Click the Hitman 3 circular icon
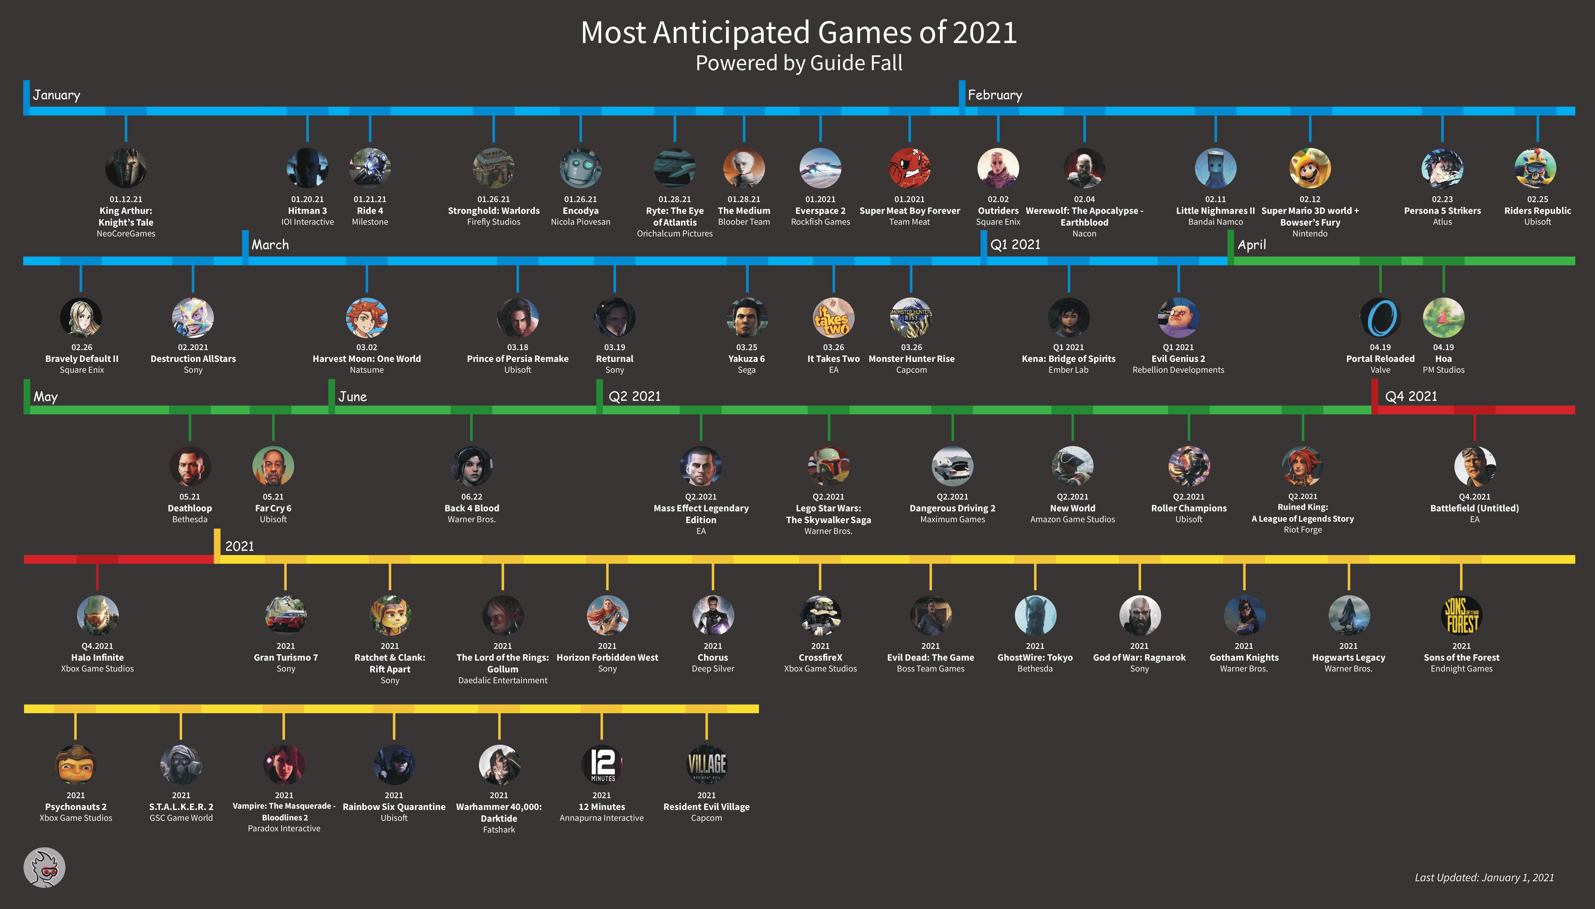307,168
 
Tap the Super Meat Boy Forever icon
910,168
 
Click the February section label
995,95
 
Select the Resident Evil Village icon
707,765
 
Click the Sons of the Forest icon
1461,616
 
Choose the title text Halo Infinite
98,657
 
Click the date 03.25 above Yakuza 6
747,347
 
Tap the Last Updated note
1484,877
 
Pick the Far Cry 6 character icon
273,466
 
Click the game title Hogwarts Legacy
1348,657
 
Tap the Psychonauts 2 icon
76,765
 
